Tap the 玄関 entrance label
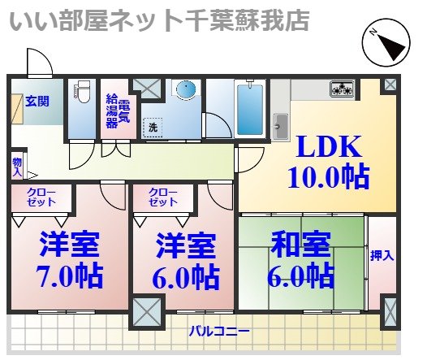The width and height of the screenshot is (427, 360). (36, 102)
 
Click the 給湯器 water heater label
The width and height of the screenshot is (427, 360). (112, 112)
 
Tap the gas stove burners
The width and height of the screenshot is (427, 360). (341, 88)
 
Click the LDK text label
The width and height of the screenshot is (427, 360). (327, 147)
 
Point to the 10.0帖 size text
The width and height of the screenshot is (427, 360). (327, 176)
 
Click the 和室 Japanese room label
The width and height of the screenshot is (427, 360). (300, 244)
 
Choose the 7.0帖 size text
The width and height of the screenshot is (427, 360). (70, 275)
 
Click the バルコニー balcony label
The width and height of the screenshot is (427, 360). (219, 332)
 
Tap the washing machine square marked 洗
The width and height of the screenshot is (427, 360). (152, 127)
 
